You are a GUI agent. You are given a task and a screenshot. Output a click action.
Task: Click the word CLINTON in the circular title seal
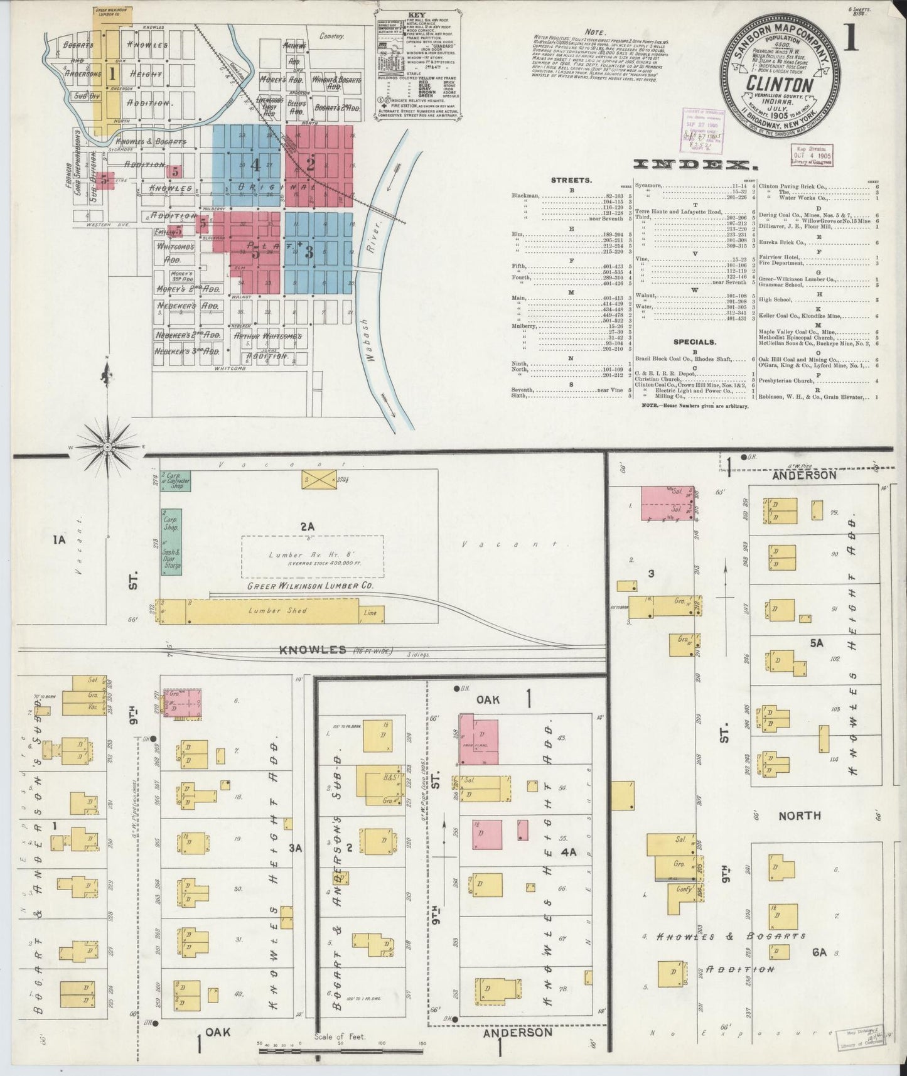780,84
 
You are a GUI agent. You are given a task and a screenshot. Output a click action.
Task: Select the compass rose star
107,446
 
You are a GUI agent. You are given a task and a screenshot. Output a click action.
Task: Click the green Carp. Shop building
171,527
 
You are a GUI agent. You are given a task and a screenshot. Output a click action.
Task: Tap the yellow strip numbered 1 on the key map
112,73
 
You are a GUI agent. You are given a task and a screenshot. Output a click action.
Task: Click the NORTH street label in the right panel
799,815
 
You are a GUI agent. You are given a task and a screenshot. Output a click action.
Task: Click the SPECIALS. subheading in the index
694,342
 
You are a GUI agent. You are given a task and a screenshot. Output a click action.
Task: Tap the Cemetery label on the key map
332,37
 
